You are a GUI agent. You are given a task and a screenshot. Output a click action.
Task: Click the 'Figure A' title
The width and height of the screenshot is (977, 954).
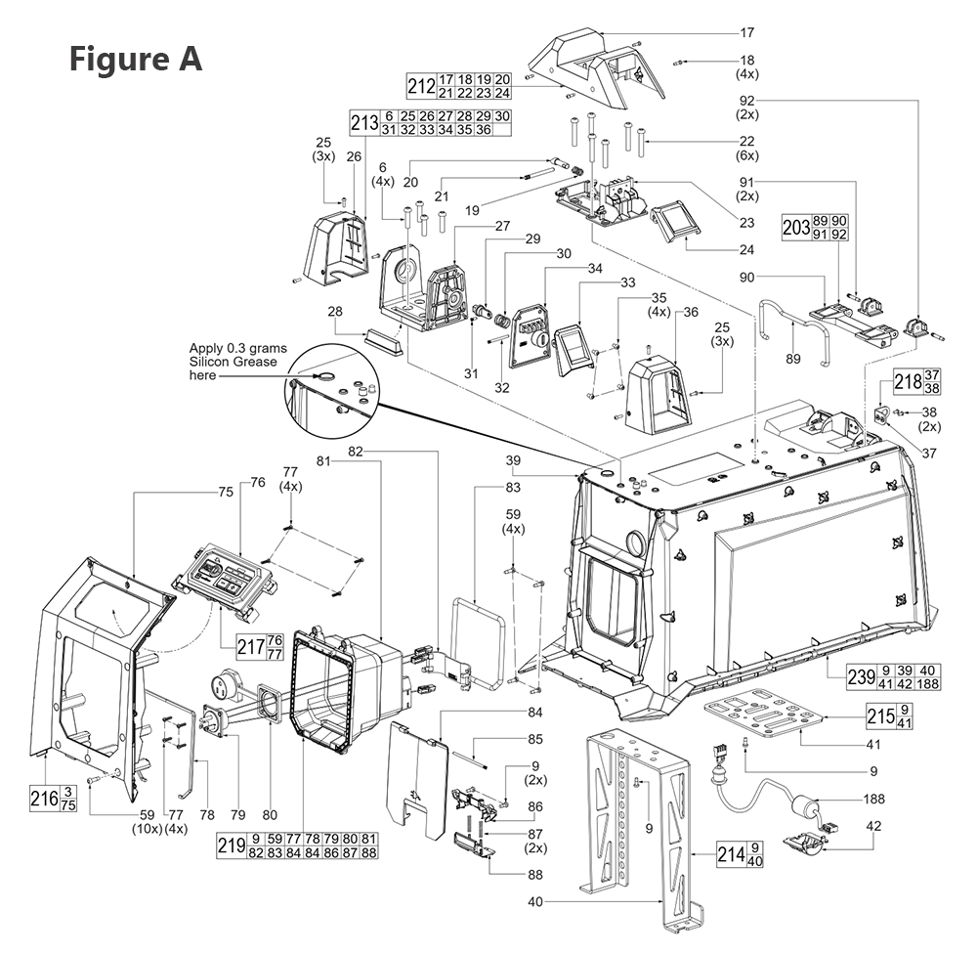click(x=135, y=58)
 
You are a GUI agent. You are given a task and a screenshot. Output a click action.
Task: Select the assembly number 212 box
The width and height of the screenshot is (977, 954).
click(x=421, y=85)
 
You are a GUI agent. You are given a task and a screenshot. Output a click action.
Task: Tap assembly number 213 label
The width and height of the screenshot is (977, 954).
click(x=363, y=123)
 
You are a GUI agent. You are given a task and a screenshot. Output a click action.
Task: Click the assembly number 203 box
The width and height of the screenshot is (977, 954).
click(x=796, y=228)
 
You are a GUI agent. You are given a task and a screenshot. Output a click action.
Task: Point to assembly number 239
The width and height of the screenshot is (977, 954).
click(x=843, y=675)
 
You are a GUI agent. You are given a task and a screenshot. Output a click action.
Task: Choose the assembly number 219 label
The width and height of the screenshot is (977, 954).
click(x=230, y=846)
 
